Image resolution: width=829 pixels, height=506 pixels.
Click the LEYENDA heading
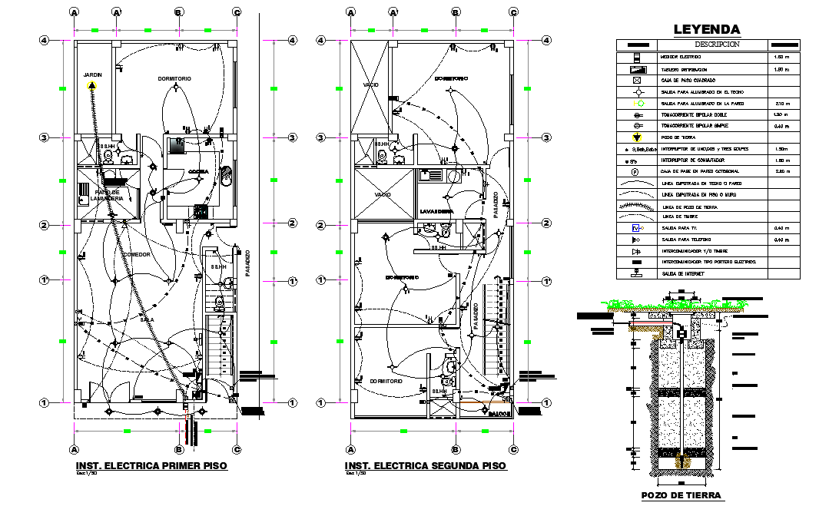707,30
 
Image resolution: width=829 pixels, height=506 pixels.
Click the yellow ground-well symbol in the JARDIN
92,85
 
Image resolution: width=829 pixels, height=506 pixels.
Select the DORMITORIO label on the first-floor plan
174,78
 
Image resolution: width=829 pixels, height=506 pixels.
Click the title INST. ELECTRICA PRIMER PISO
151,466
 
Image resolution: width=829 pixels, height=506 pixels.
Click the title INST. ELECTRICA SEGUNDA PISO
425,466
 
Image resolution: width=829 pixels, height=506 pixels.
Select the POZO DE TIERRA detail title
681,495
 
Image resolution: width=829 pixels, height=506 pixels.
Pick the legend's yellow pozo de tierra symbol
636,137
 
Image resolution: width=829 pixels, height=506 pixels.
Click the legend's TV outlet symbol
636,228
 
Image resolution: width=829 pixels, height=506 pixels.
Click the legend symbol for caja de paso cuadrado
636,81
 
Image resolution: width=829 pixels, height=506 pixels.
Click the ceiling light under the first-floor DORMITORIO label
177,89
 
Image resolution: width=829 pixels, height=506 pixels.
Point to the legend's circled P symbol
636,171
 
